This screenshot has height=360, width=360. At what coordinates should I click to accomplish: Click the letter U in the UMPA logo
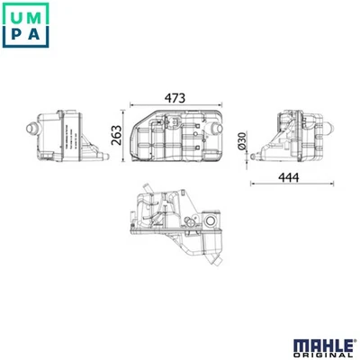[18, 16]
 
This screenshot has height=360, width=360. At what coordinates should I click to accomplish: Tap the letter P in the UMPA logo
[18, 38]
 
